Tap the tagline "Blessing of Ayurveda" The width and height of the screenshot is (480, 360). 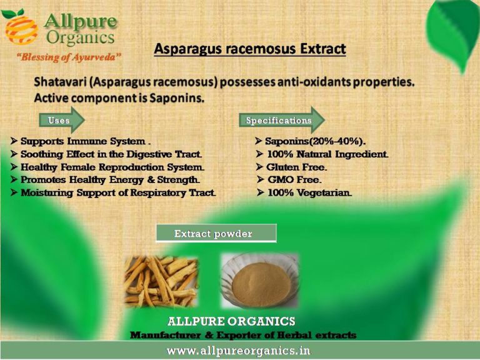click(x=68, y=57)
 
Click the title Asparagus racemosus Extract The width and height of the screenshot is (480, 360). click(x=249, y=49)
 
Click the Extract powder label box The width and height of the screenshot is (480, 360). click(x=216, y=234)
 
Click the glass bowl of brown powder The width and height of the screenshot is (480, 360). click(x=259, y=281)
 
